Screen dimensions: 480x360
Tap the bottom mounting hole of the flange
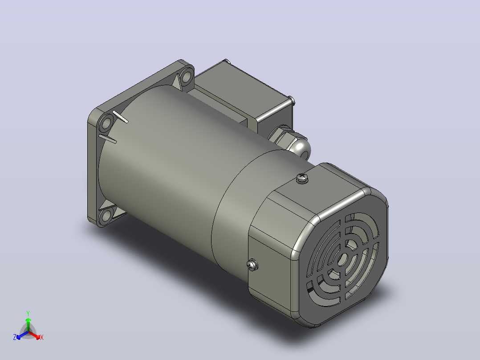tap(106, 216)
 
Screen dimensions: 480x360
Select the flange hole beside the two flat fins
tap(106, 124)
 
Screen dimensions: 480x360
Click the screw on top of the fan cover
tap(302, 178)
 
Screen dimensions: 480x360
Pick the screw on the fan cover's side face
tap(252, 265)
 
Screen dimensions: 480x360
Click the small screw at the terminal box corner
tap(292, 100)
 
